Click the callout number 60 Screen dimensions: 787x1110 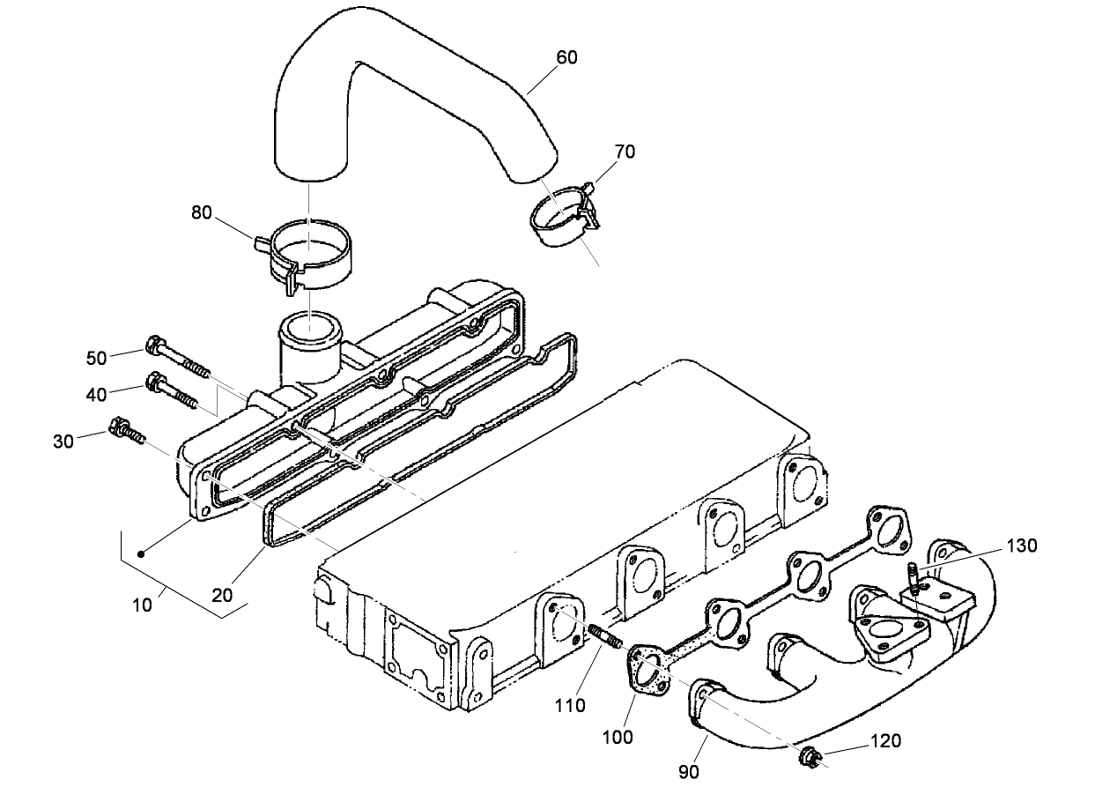[x=567, y=57]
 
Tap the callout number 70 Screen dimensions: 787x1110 [x=625, y=152]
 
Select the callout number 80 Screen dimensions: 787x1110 [x=202, y=213]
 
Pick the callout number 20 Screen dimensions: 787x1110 [x=223, y=596]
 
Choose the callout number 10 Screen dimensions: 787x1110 [x=143, y=605]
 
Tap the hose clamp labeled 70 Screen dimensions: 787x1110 [x=565, y=221]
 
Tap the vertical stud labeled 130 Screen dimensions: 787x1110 [x=914, y=579]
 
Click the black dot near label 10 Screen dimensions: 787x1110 [x=141, y=554]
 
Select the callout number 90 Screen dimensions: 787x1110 [x=689, y=772]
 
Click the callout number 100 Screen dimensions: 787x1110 [x=618, y=737]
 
